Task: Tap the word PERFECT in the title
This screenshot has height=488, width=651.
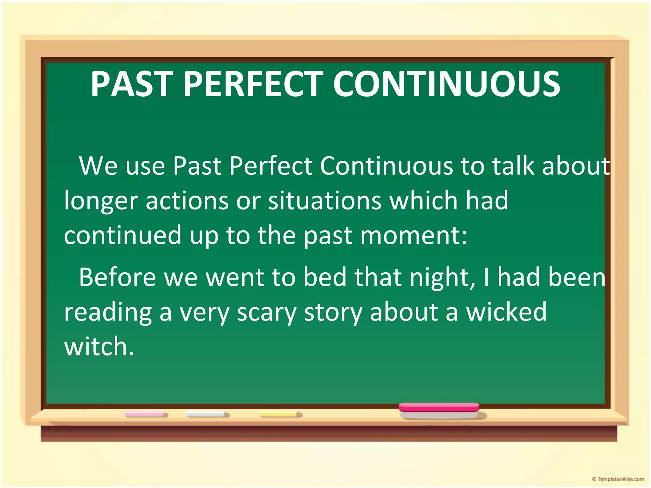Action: [x=253, y=84]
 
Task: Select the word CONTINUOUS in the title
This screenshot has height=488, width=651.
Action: [x=447, y=84]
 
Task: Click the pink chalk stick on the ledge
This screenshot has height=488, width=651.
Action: [x=145, y=414]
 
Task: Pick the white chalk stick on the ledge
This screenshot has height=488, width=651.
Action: [x=205, y=414]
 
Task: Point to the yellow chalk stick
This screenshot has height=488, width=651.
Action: [x=278, y=414]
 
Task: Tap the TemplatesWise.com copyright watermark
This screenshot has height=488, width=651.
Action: [x=618, y=479]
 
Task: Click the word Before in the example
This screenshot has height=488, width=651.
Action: [x=117, y=277]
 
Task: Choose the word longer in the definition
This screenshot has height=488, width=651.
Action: [x=101, y=201]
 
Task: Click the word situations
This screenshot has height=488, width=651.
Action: [x=325, y=201]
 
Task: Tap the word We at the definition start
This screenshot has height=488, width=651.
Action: [x=98, y=166]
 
